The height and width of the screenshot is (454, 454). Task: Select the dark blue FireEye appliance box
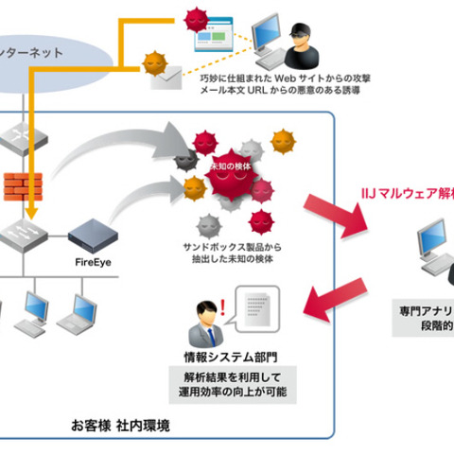(x=96, y=230)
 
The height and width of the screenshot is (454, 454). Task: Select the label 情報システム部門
(x=230, y=358)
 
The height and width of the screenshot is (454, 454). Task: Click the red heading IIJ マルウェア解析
(x=407, y=192)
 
